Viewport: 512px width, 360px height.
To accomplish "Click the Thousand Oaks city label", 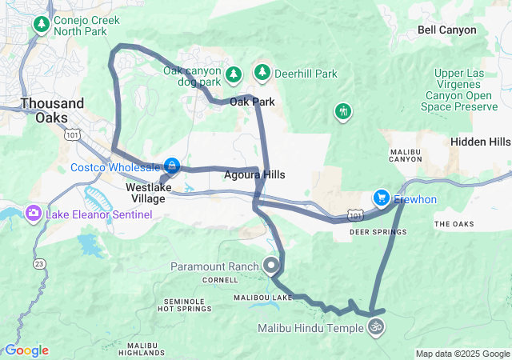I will point(52,110).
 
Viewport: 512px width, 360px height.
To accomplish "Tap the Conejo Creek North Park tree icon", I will point(42,24).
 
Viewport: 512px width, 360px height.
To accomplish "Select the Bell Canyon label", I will point(446,30).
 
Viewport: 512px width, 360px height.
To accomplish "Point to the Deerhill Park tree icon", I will point(262,73).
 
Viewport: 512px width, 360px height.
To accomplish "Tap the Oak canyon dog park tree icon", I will point(233,74).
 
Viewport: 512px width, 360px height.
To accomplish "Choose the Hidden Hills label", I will point(480,142).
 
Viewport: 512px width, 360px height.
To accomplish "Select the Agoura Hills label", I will point(254,174).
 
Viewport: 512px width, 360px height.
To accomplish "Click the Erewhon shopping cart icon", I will point(382,198).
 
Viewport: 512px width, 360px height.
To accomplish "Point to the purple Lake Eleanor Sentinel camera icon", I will point(34,213).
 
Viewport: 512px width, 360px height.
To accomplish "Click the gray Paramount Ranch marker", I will point(271,265).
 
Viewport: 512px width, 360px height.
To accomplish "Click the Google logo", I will point(26,350).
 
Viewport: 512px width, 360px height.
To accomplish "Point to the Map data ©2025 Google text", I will point(462,354).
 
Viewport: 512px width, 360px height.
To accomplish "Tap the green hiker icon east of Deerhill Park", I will point(343,110).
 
